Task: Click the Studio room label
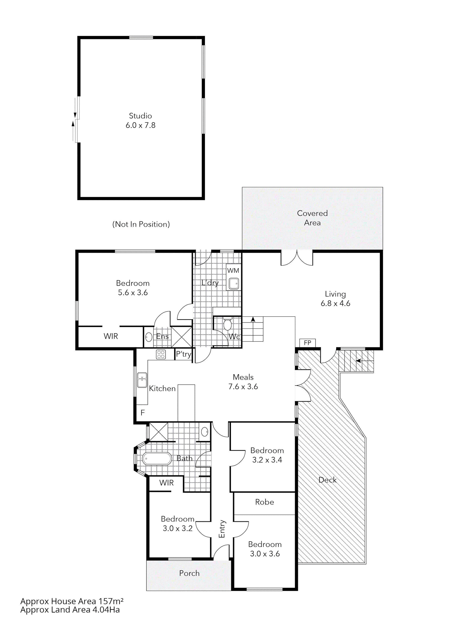click(x=140, y=116)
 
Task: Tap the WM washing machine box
click(x=233, y=270)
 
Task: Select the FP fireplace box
click(x=307, y=343)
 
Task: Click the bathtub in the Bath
click(x=157, y=459)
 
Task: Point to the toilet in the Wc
click(x=227, y=324)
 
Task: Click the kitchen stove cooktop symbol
click(x=161, y=354)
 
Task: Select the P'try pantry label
click(x=184, y=354)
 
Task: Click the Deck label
click(x=327, y=480)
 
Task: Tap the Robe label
click(x=264, y=502)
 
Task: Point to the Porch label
click(x=189, y=573)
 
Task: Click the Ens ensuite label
click(x=162, y=337)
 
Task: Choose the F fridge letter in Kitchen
click(x=142, y=413)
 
